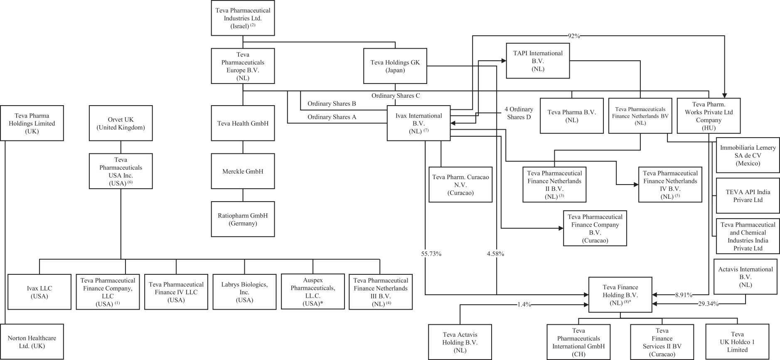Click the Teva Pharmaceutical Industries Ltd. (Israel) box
point(243,18)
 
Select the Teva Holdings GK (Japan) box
point(395,67)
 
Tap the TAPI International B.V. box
point(538,61)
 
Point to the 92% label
point(573,36)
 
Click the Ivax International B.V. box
point(418,123)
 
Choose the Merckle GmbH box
point(243,171)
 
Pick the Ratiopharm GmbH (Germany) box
point(243,219)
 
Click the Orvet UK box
point(121,123)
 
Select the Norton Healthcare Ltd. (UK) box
point(32,342)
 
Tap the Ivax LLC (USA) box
point(39,292)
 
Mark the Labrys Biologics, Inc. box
point(244,292)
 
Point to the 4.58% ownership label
point(495,254)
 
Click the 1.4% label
point(524,304)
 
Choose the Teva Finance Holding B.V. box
point(620,295)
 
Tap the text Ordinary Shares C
point(396,96)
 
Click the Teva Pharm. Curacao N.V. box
point(460,185)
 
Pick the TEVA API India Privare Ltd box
point(748,196)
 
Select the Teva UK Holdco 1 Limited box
point(737,342)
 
